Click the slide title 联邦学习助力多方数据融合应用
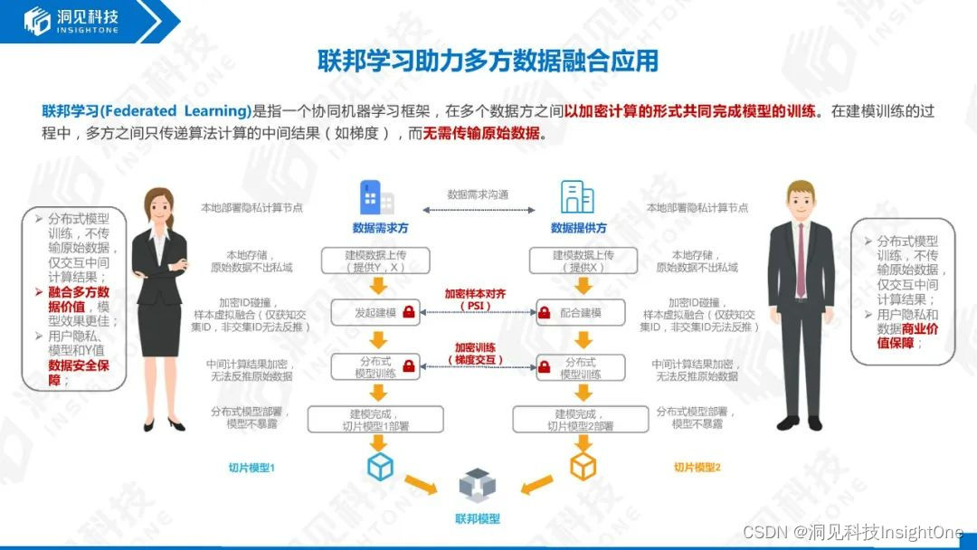488,61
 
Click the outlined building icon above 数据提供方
577,196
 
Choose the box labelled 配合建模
580,313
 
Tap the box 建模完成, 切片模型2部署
580,419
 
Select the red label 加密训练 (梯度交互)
477,353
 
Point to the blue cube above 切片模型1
380,467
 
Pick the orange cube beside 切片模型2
583,467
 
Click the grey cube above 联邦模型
477,485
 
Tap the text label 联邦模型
477,519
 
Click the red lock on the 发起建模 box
409,313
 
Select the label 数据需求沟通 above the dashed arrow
478,194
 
